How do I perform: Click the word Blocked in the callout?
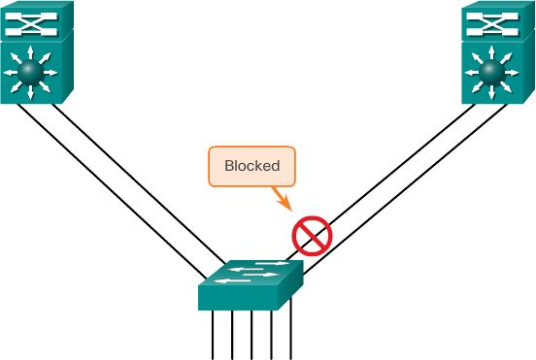pyautogui.click(x=251, y=166)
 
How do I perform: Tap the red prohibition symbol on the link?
pyautogui.click(x=312, y=235)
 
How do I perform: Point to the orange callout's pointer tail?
pyautogui.click(x=285, y=202)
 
